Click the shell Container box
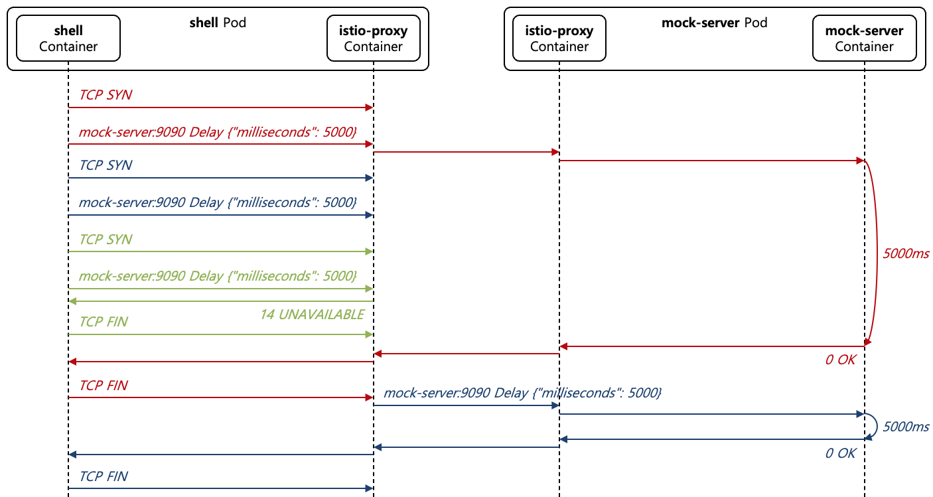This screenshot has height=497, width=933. (x=68, y=38)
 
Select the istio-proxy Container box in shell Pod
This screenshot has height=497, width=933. (x=373, y=38)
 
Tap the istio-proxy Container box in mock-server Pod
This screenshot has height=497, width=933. (x=559, y=38)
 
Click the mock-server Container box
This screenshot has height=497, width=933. (x=864, y=38)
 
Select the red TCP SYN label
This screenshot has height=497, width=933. (x=106, y=95)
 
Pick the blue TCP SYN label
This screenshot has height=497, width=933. (x=106, y=165)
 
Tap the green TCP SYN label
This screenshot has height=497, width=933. (x=106, y=239)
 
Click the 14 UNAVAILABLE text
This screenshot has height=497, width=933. (x=312, y=315)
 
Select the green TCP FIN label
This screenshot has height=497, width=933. (x=104, y=322)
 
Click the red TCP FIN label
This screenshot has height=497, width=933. (x=104, y=386)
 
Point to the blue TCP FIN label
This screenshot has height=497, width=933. (x=104, y=476)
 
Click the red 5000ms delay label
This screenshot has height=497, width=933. (x=906, y=253)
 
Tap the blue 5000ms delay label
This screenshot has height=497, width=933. (x=906, y=427)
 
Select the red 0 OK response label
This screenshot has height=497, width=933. (x=840, y=360)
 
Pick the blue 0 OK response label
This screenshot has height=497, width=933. (x=840, y=453)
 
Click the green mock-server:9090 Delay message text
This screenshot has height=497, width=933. (x=218, y=275)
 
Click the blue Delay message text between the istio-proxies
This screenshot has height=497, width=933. (x=522, y=393)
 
